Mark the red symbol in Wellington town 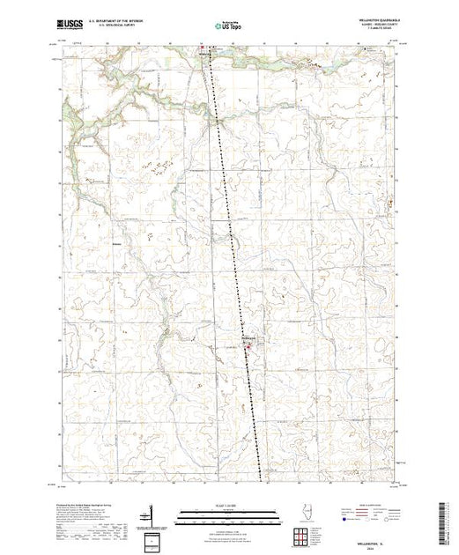248,345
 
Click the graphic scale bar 228,513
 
